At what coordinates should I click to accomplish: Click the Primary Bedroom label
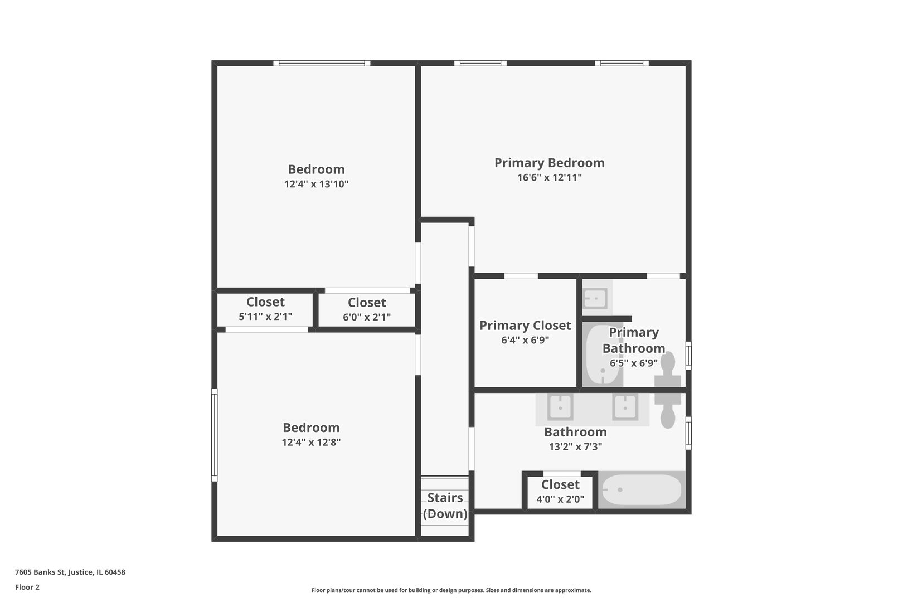point(550,163)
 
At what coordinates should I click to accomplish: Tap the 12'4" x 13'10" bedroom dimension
point(316,185)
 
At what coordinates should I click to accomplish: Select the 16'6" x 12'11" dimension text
point(550,177)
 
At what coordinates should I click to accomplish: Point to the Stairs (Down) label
point(445,506)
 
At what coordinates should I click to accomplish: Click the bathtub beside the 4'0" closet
point(642,489)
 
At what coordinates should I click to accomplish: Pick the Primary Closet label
point(525,326)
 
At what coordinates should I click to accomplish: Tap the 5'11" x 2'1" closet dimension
point(265,317)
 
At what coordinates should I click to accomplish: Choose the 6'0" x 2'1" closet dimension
point(367,317)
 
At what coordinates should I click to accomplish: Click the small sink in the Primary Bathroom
point(596,299)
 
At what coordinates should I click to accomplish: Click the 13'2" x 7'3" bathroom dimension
point(575,447)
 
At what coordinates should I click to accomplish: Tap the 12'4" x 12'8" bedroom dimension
point(311,443)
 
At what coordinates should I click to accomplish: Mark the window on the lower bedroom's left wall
point(215,435)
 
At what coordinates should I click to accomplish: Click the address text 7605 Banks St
point(40,572)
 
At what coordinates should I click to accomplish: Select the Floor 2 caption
point(27,587)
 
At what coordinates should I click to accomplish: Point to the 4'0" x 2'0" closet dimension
point(560,499)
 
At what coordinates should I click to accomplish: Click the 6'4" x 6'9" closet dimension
point(525,341)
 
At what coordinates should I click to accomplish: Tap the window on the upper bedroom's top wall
point(322,64)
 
